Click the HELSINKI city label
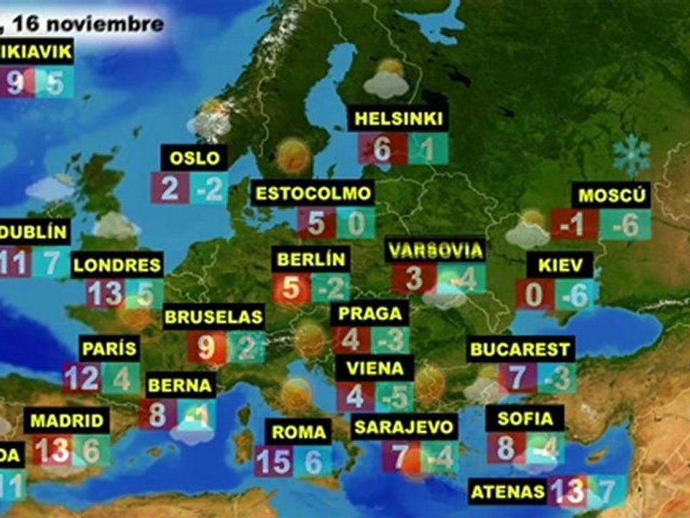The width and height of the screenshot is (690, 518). click(x=398, y=119)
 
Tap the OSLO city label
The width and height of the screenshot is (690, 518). click(x=194, y=157)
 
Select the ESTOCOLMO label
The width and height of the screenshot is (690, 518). click(x=313, y=193)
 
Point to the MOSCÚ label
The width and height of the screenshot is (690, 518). click(x=613, y=196)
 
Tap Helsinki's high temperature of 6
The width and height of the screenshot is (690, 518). click(x=381, y=150)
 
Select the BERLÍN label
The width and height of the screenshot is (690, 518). click(x=310, y=259)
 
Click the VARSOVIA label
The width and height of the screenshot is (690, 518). click(x=434, y=250)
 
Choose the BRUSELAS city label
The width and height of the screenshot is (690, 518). click(x=213, y=317)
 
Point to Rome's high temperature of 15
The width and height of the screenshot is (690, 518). click(x=273, y=461)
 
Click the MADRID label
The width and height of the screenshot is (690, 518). click(x=68, y=421)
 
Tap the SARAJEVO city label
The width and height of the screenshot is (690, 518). click(x=404, y=427)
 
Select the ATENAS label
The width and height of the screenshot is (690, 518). click(x=507, y=492)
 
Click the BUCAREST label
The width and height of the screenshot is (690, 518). click(x=520, y=350)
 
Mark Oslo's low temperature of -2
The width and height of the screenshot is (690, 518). click(x=209, y=188)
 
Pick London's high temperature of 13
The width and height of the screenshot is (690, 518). click(x=105, y=294)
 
